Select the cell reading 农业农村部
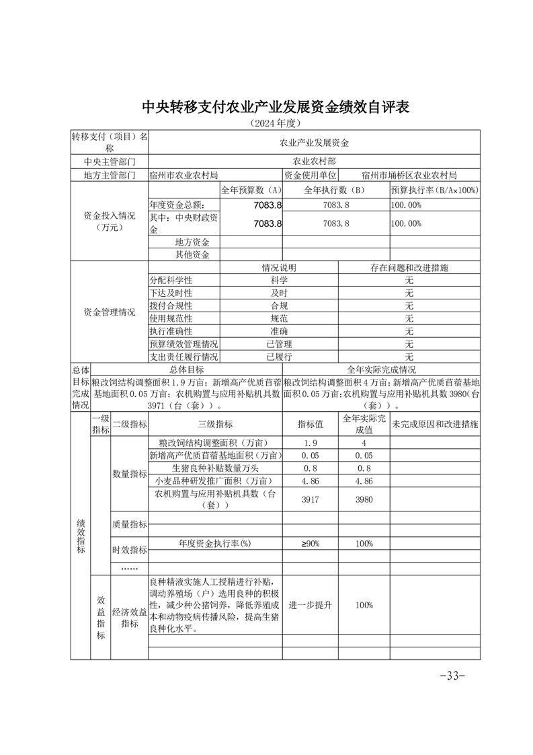(x=314, y=161)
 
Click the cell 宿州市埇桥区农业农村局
(x=409, y=175)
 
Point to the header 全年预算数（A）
(x=251, y=190)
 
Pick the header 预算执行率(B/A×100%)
(x=435, y=190)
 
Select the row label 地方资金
(x=192, y=242)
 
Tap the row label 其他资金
(x=192, y=254)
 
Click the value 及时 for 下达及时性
(x=279, y=293)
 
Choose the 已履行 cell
(x=279, y=357)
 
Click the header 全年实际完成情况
(x=381, y=369)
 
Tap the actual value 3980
(x=364, y=499)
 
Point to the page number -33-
(x=452, y=676)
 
